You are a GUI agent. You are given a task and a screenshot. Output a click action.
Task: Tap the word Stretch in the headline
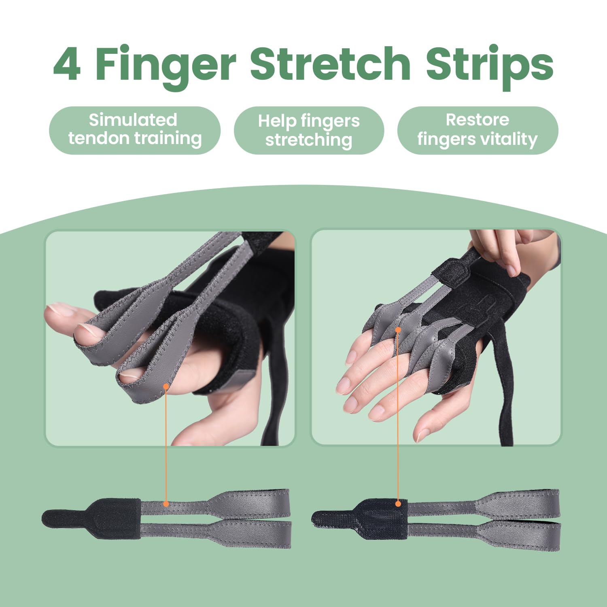coord(330,64)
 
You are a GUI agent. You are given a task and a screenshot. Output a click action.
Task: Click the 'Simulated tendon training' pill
coord(135,130)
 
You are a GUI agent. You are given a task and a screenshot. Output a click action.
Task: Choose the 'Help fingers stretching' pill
coord(309,130)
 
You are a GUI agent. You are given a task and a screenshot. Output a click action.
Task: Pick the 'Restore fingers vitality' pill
coord(478,130)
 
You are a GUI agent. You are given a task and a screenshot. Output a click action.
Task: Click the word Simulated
coord(133,120)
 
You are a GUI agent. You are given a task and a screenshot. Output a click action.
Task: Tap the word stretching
coord(309,140)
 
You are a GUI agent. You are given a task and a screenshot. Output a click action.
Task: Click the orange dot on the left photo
coord(166,386)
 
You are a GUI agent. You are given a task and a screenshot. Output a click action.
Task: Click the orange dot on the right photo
coord(398,330)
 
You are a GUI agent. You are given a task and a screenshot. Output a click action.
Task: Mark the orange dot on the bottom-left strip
coord(166,504)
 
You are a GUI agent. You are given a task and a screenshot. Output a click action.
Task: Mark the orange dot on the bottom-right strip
coord(398,504)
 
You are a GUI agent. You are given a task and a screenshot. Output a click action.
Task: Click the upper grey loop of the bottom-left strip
coord(251,502)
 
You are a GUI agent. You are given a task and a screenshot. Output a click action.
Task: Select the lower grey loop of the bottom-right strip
coord(522,535)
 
